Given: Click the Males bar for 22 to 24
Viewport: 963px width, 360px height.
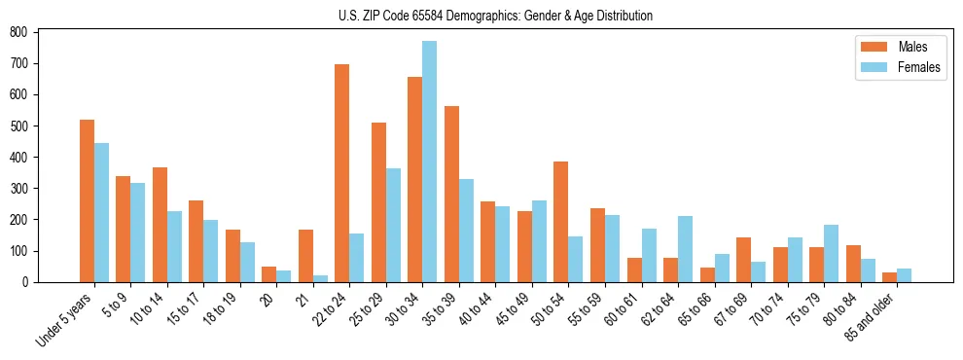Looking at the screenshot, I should tap(342, 173).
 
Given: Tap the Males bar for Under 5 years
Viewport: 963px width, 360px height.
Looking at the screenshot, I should tap(87, 200).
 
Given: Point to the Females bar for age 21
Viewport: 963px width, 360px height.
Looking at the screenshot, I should tap(320, 278).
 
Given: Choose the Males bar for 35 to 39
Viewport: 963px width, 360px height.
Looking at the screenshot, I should tap(451, 194).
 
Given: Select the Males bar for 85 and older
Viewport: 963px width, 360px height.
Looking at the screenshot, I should tap(889, 277).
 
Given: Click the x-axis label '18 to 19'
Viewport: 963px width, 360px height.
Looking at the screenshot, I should tap(219, 309).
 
